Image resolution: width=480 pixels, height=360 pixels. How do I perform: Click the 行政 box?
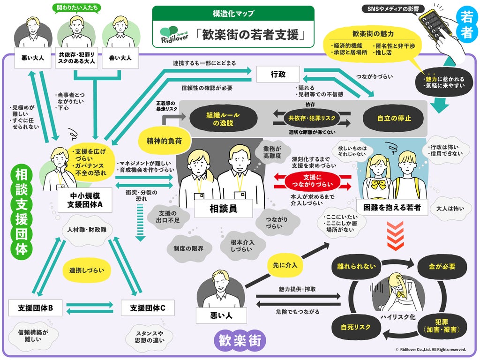[x=278, y=74]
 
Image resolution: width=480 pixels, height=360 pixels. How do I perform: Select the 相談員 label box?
[x=223, y=209]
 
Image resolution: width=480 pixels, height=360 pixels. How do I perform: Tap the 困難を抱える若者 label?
[x=392, y=208]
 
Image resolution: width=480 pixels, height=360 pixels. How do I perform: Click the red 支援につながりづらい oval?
[x=312, y=181]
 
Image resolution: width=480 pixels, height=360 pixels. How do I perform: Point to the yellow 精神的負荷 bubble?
[x=164, y=141]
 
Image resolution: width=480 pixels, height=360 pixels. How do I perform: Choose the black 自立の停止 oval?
[x=394, y=118]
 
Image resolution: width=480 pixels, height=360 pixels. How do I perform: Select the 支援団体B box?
[x=35, y=308]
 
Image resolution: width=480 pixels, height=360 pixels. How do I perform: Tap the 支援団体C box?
[x=148, y=308]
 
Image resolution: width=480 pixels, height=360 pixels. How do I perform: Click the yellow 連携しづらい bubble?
[x=87, y=270]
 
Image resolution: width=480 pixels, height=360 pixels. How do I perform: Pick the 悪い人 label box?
[x=221, y=315]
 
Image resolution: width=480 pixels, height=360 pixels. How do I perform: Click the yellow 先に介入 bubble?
[x=285, y=265]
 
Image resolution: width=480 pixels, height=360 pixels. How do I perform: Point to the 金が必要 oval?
[x=442, y=267]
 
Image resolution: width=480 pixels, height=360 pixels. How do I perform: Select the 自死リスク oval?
[x=356, y=327]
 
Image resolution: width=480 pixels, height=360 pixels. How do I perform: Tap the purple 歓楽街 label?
[x=240, y=340]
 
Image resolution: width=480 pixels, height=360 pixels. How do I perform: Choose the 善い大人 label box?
[x=120, y=58]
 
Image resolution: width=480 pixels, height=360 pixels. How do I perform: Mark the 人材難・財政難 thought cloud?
[x=87, y=230]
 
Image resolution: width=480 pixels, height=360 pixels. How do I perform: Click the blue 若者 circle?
[x=466, y=23]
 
